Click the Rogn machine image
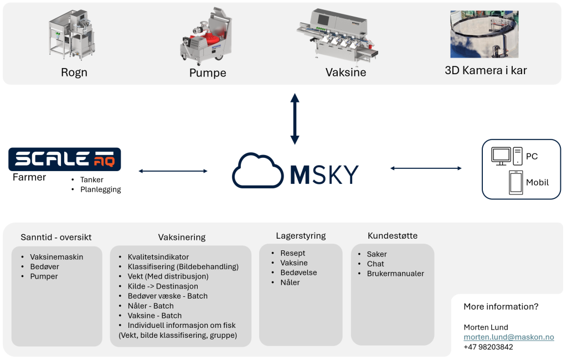tap(73, 35)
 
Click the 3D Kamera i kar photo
tap(484, 34)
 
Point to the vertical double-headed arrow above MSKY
tap(295, 119)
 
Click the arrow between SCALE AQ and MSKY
tap(173, 171)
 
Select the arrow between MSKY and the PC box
tap(426, 168)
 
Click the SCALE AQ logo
tap(65, 159)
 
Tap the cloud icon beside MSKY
tap(257, 171)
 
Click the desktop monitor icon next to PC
tap(501, 156)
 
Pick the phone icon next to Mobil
tap(516, 182)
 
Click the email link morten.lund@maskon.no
tap(509, 337)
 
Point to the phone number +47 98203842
tap(488, 347)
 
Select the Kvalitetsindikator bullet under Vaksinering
tap(158, 257)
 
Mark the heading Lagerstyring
tap(301, 236)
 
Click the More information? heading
tap(501, 307)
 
